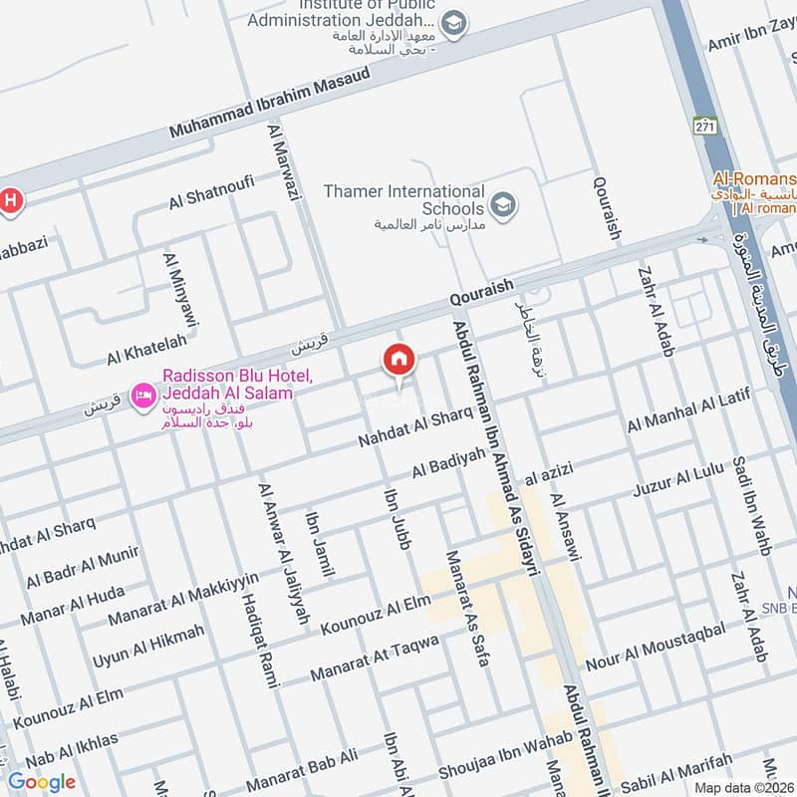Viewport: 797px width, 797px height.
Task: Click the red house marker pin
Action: click(x=399, y=360)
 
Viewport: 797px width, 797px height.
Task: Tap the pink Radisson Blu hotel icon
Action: click(x=143, y=397)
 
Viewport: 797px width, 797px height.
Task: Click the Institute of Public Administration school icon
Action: click(x=453, y=23)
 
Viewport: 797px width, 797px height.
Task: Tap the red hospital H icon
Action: click(x=9, y=199)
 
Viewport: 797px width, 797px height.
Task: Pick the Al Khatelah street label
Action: click(x=146, y=350)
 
